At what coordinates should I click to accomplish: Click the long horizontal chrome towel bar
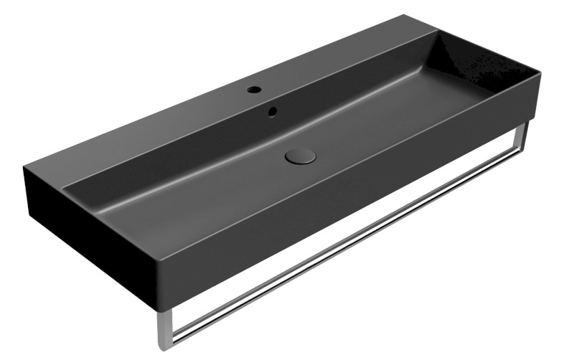tap(344, 244)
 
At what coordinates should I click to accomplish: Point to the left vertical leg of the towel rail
tap(164, 326)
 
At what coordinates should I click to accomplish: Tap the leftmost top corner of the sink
tap(24, 166)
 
